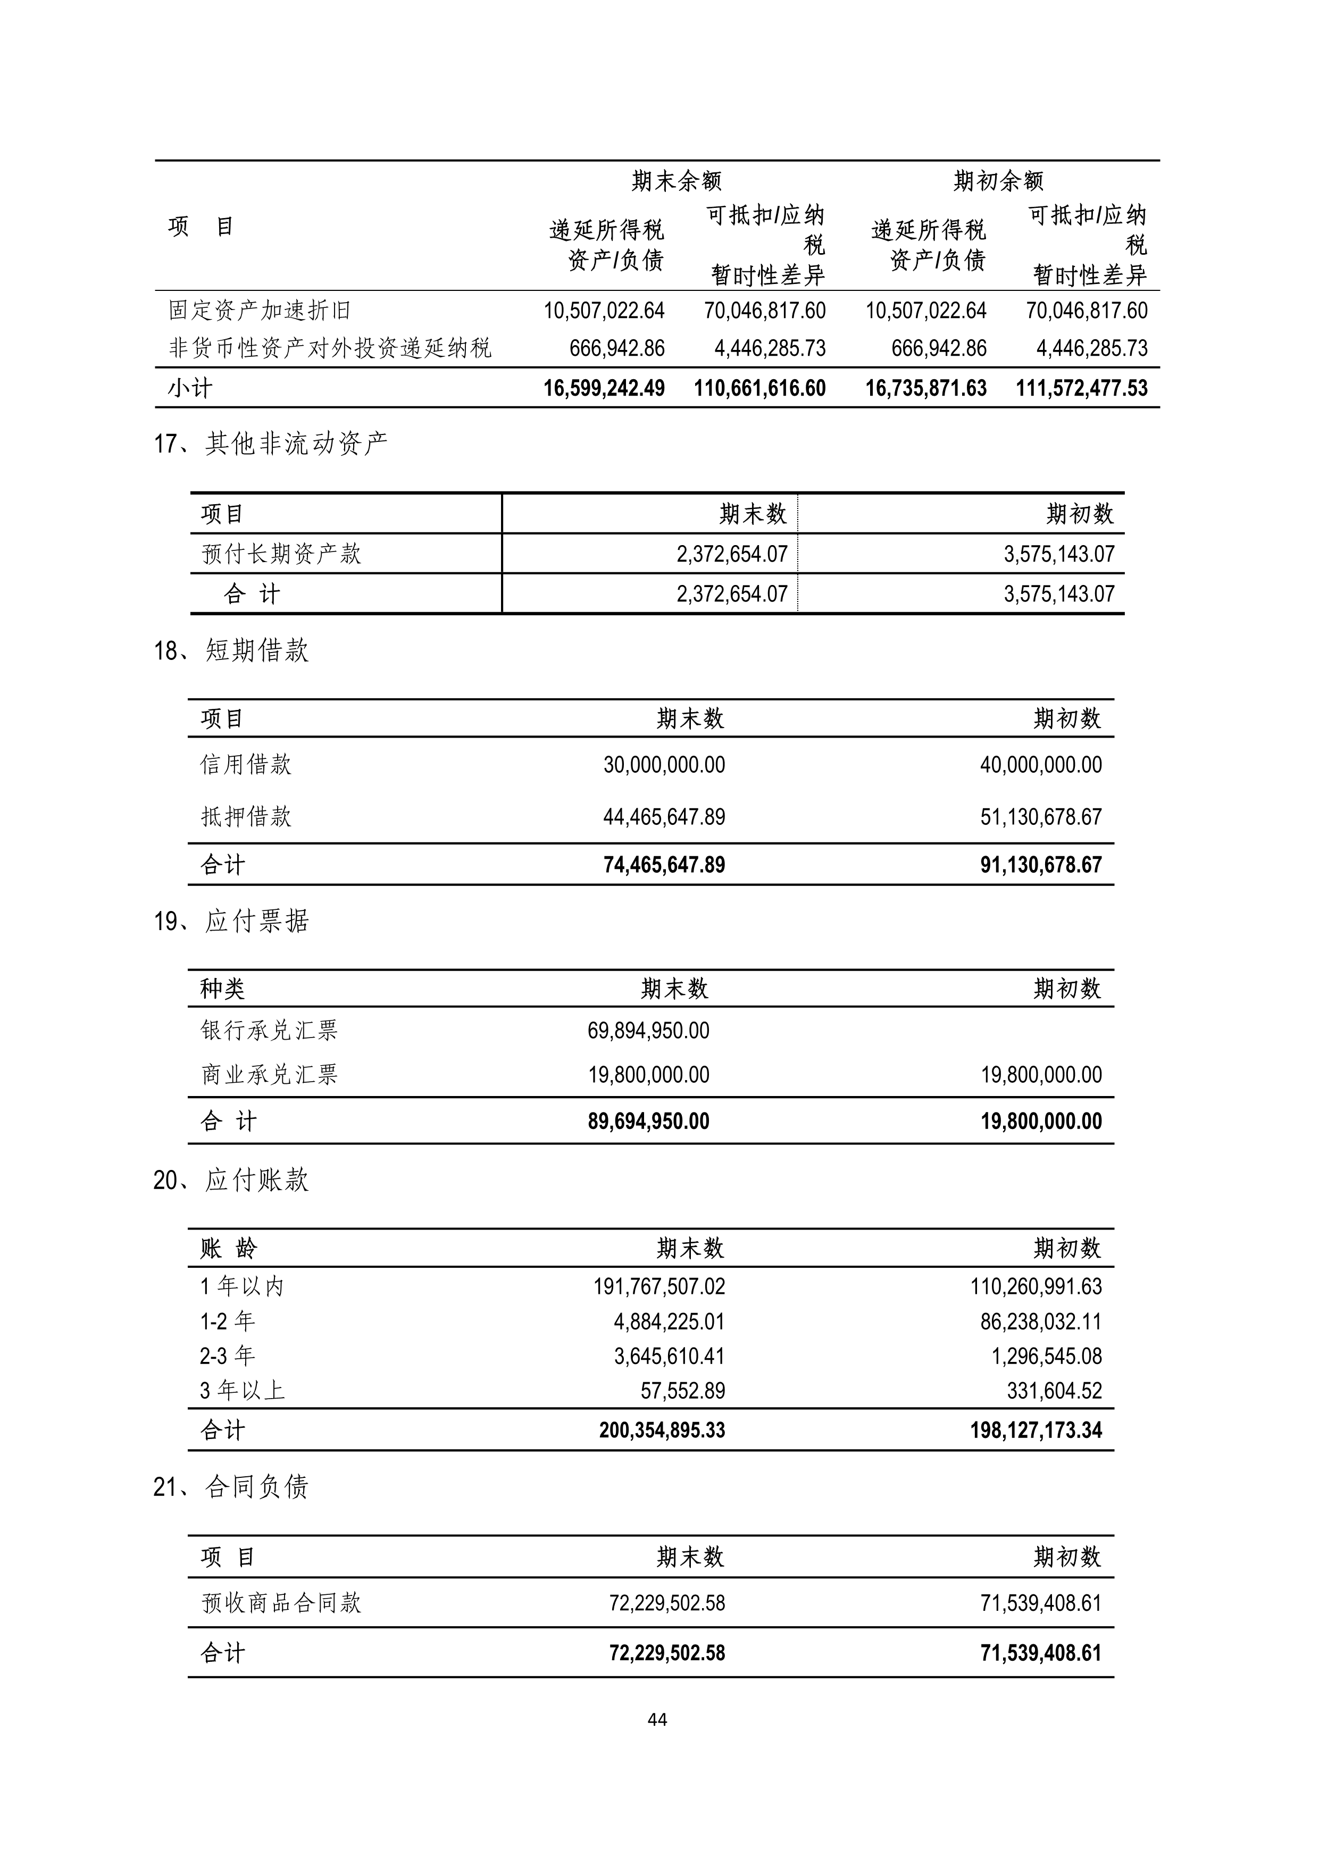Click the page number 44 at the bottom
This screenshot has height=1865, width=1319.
point(658,1720)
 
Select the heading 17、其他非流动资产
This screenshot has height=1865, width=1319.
point(271,444)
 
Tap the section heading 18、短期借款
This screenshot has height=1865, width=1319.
point(231,650)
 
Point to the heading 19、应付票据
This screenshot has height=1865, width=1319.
point(231,921)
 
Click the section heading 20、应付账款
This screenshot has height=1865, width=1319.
point(231,1180)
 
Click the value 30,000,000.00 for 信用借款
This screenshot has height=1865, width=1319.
point(664,765)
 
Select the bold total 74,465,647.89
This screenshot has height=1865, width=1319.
point(664,865)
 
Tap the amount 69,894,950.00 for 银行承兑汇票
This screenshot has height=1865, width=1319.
point(648,1031)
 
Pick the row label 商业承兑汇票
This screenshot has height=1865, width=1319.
point(269,1075)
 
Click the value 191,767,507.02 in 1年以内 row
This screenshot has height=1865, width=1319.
point(658,1286)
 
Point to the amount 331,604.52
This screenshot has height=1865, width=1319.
point(1054,1391)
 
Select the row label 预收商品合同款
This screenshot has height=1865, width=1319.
point(280,1603)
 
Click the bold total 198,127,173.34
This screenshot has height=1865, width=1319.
point(1036,1431)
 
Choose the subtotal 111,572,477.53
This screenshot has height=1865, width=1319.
point(1081,388)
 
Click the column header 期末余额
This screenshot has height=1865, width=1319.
point(677,180)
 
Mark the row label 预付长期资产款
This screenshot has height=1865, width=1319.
point(280,554)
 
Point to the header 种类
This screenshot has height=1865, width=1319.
point(222,989)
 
